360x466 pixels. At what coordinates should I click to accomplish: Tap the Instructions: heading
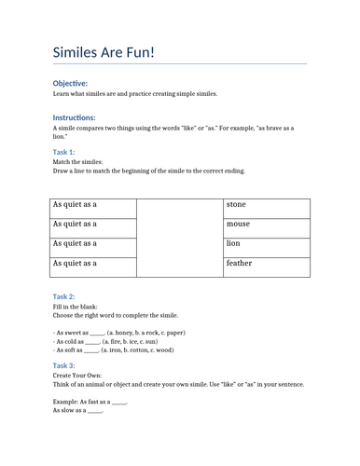(75, 118)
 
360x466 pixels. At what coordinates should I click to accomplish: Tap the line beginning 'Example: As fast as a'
(90, 401)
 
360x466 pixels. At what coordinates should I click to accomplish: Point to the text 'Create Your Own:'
(76, 376)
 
